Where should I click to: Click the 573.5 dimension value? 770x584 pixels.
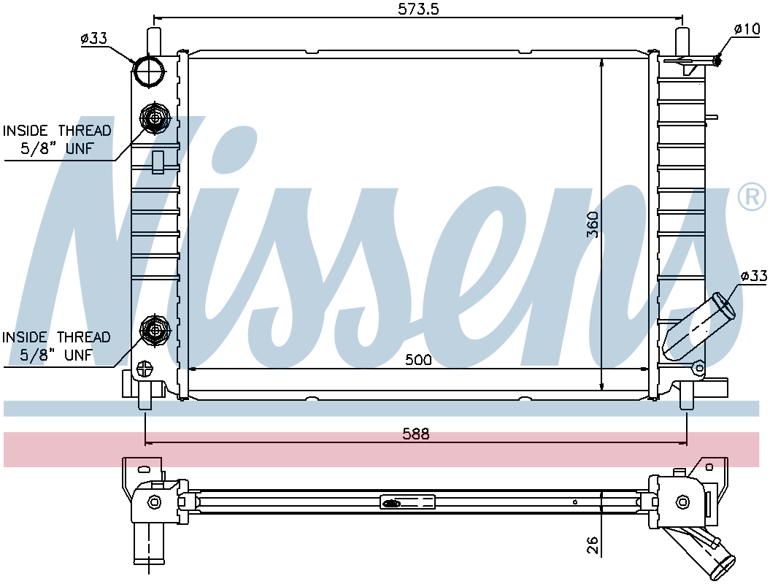418,9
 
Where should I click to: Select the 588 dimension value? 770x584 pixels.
416,434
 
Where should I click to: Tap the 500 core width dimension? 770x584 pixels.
418,360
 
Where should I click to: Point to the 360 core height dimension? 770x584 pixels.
593,224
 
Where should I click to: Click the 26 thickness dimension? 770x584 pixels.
593,545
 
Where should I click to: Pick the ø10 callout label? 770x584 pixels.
747,29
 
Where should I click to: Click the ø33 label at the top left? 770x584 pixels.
94,38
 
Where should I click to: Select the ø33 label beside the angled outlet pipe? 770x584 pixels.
754,276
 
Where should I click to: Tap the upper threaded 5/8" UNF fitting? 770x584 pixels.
155,118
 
